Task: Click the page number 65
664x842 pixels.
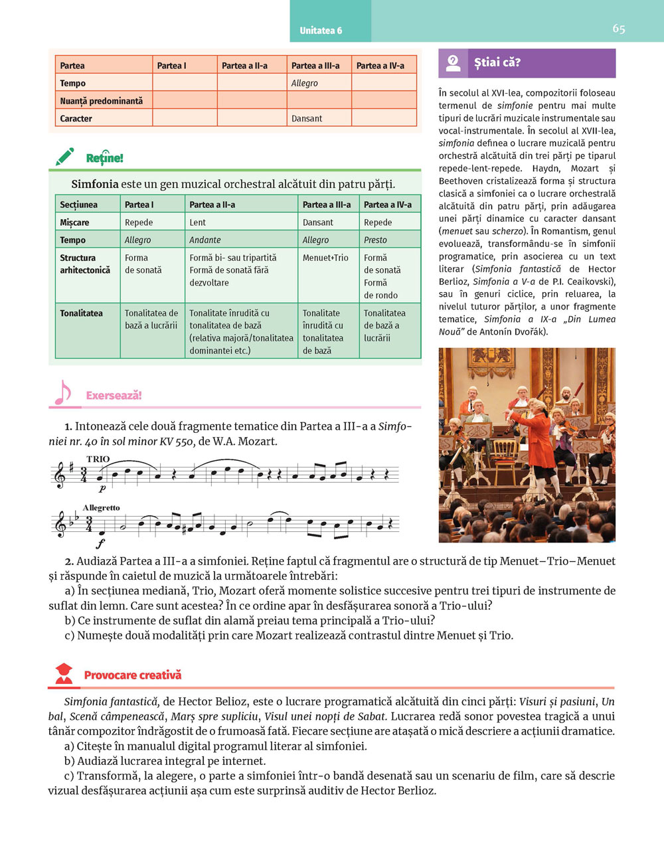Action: point(618,29)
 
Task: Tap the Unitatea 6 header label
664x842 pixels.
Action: point(321,31)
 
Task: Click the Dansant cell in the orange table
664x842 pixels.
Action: point(307,118)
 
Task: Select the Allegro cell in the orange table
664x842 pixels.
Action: point(305,83)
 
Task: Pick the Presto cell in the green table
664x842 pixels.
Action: point(375,240)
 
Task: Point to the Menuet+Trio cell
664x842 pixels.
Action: point(325,258)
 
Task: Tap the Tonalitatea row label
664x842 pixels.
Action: point(81,313)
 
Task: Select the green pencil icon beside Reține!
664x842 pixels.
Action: point(65,157)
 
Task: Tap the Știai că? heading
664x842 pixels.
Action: point(497,63)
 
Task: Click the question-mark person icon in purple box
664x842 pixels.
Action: point(454,63)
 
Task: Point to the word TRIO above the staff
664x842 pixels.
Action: point(98,459)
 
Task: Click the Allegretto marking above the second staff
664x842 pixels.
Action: point(102,507)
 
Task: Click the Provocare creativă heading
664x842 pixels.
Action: point(132,675)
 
